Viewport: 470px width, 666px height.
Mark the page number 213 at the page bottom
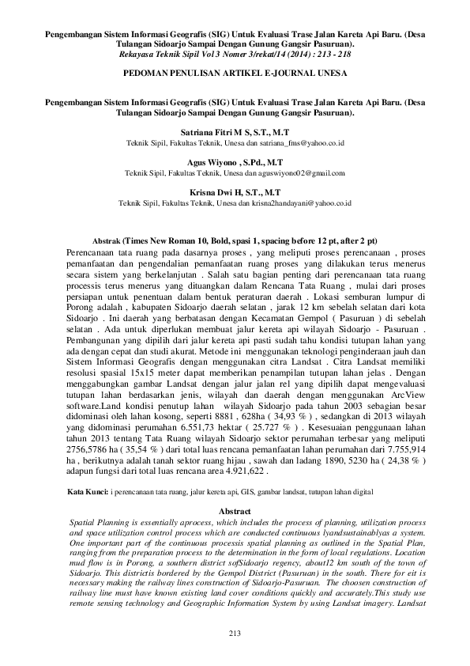coord(234,634)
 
